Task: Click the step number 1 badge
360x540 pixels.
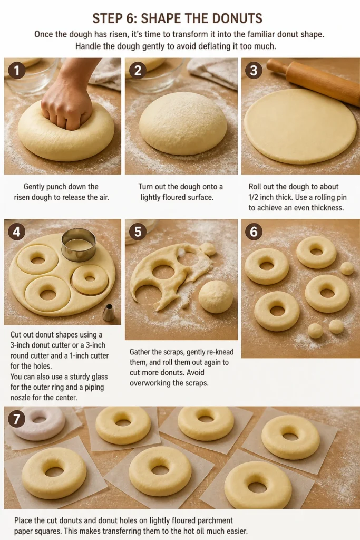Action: click(16, 70)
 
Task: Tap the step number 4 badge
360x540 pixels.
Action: click(16, 232)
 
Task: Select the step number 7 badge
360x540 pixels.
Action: click(16, 419)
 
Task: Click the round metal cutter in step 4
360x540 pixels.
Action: click(79, 245)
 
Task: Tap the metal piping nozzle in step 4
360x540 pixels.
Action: click(109, 312)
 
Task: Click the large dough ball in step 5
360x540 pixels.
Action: click(216, 296)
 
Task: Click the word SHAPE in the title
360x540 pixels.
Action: click(161, 18)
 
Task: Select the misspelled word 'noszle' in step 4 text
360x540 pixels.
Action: click(21, 398)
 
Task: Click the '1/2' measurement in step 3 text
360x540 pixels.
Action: click(255, 197)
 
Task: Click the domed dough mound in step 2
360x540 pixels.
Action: click(183, 123)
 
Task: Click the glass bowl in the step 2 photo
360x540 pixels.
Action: click(155, 74)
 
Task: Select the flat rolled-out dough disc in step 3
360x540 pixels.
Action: click(300, 126)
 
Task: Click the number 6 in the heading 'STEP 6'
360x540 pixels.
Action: click(131, 18)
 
